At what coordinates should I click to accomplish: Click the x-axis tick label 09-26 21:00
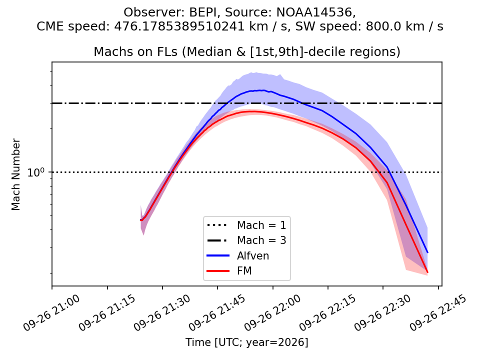(x=51, y=313)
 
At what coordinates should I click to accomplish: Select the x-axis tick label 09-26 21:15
(x=107, y=313)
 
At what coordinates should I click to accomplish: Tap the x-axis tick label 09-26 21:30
(x=162, y=313)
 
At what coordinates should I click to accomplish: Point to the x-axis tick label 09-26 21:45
(x=217, y=313)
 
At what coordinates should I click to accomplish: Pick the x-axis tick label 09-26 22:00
(x=272, y=313)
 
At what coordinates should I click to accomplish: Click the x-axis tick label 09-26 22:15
(x=327, y=313)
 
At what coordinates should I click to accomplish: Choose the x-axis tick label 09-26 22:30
(x=382, y=313)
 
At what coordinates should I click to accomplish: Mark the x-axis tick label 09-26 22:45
(x=438, y=313)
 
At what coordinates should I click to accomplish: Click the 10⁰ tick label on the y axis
(x=36, y=172)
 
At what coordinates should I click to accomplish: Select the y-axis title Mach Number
(x=15, y=174)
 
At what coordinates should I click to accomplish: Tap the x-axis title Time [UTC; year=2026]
(x=246, y=342)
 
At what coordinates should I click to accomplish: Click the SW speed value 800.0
(x=380, y=26)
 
